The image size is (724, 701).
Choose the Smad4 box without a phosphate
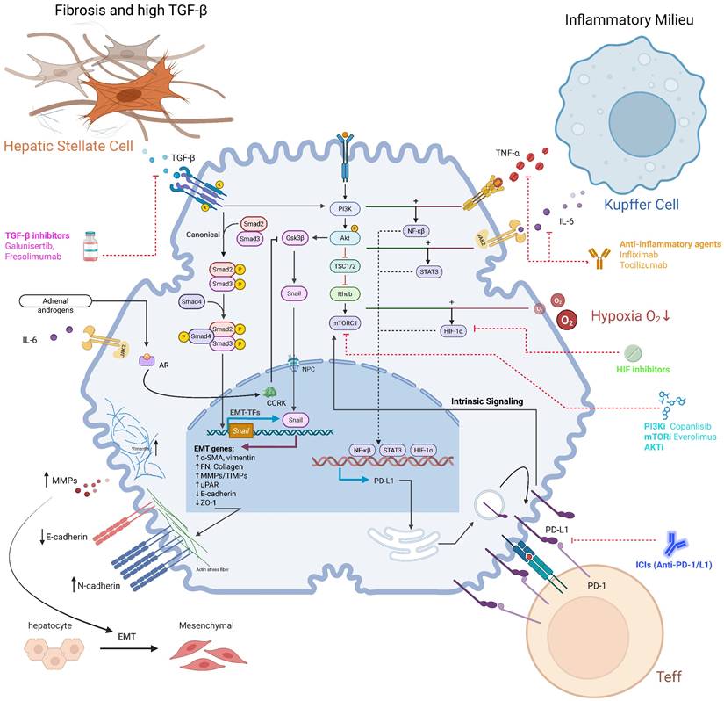pyautogui.click(x=194, y=301)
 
